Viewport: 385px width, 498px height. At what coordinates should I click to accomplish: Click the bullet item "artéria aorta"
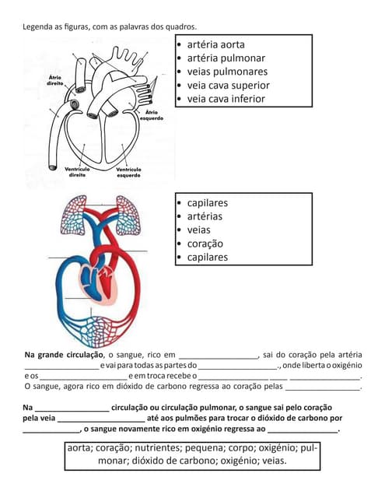coord(215,44)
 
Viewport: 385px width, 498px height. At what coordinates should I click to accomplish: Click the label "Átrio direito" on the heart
coord(55,81)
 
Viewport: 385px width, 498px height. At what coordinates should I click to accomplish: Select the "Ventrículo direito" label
coord(76,171)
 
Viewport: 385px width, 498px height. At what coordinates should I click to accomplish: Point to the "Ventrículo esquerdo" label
coord(128,171)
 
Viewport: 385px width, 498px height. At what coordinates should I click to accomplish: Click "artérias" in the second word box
coord(205,216)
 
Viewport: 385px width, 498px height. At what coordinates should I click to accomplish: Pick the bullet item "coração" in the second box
coord(204,244)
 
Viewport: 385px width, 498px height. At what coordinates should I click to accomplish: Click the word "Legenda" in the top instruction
coord(39,27)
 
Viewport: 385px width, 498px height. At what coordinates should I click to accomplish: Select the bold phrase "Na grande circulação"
coord(64,355)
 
